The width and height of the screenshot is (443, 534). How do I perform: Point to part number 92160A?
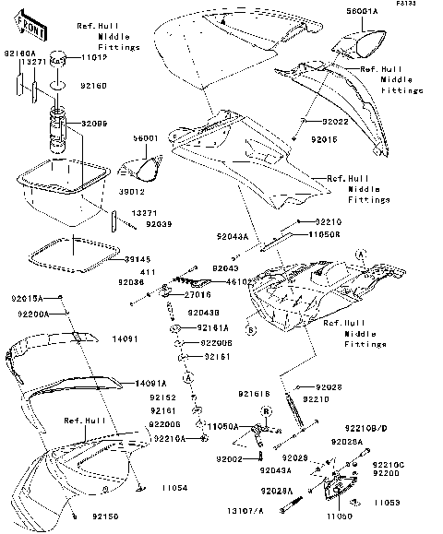click(x=19, y=54)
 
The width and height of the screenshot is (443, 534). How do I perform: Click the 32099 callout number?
click(x=94, y=123)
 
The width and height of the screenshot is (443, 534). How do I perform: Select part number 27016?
click(x=198, y=294)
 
